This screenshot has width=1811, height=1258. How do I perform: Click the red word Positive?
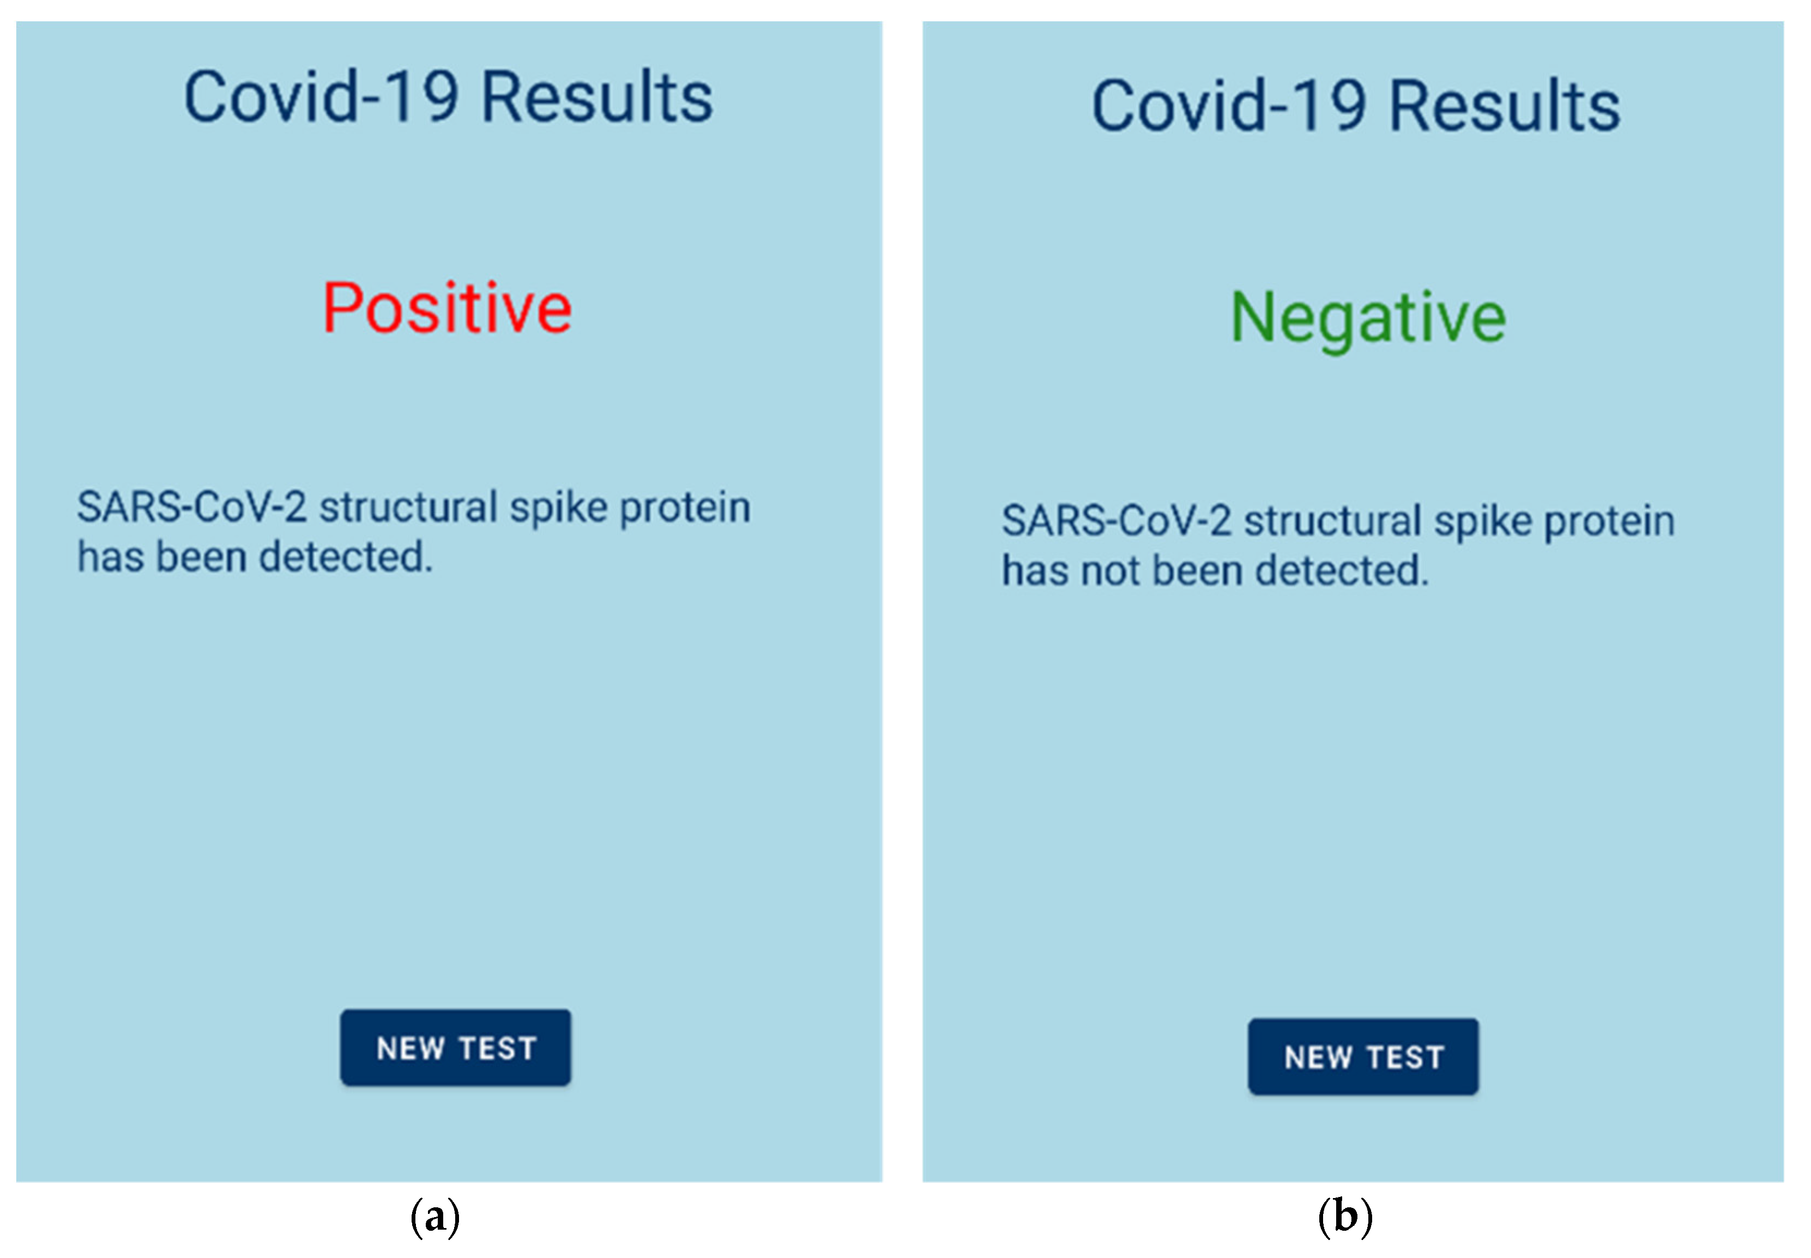447,307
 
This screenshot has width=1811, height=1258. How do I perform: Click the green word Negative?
1368,318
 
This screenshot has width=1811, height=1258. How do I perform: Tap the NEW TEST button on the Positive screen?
456,1048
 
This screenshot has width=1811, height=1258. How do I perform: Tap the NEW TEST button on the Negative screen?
1363,1056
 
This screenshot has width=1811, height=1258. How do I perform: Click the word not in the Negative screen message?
1111,571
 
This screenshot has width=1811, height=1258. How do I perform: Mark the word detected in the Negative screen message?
1342,571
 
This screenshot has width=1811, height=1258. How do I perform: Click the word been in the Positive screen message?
202,557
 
